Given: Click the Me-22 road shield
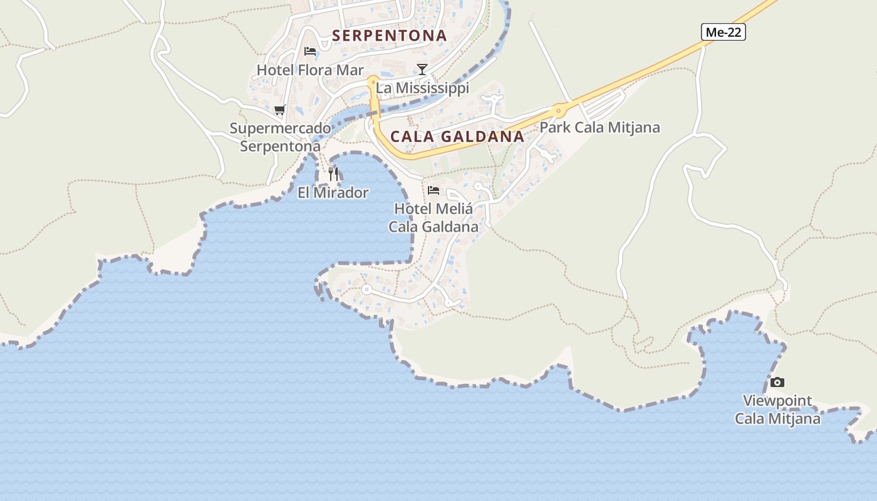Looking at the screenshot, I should coord(724,32).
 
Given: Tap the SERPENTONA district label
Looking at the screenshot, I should coord(390,36).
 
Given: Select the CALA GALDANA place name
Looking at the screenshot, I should coord(457,137).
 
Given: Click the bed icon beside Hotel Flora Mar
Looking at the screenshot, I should coord(310,51).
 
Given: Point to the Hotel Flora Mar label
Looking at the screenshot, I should coord(310,70).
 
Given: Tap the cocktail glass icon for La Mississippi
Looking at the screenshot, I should coord(422,69).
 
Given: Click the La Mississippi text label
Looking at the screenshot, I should coord(422,88).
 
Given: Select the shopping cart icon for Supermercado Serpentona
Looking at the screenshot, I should coord(280,110).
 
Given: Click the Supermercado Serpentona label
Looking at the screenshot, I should coord(280,137).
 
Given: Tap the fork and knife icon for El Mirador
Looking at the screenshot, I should coord(333,173).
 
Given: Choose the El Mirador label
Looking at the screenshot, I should coord(333,193).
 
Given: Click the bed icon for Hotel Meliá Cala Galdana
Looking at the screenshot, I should coord(433,190).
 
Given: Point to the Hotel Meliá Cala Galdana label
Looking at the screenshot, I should coord(433,217).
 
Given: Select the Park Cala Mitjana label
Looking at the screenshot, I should coord(599,128).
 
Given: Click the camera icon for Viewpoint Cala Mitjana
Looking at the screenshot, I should coord(777,383).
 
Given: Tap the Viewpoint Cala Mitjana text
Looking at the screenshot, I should coord(777,410).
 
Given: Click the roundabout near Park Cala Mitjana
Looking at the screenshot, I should coord(558,111).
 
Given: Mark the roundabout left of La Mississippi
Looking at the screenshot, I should coord(373,81).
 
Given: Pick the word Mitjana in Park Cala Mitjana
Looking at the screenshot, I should coord(637,128).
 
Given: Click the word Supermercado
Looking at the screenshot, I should coord(280,128).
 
